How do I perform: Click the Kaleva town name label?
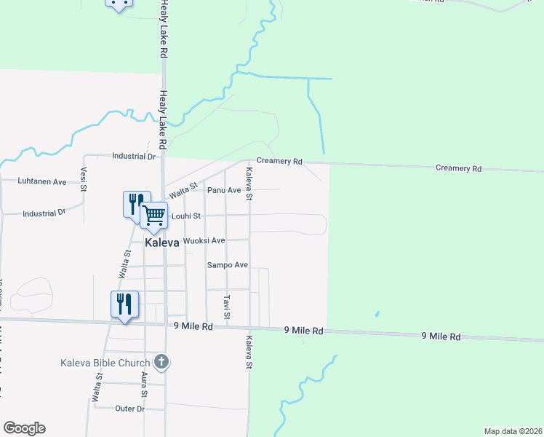162,243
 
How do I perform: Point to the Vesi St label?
84,178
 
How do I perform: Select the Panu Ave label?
224,190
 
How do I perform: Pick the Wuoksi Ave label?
204,240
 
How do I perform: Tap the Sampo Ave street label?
228,265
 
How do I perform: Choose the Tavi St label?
227,307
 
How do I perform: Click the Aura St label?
144,382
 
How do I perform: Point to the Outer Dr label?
130,409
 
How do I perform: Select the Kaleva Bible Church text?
105,362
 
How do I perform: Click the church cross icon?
161,361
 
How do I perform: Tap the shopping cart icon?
154,215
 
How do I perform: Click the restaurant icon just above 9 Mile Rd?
124,304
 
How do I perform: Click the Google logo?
24,428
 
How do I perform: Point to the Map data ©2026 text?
513,431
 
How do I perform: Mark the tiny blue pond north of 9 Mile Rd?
376,315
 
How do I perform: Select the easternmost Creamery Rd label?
458,168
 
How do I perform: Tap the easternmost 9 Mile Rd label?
441,336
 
